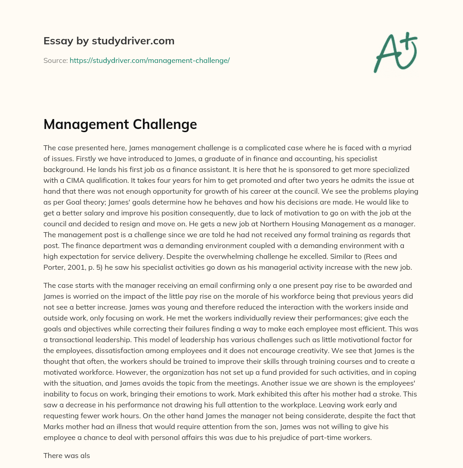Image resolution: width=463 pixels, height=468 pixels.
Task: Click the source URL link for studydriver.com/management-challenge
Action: click(x=149, y=60)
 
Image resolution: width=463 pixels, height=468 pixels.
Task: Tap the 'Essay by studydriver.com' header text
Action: click(x=109, y=41)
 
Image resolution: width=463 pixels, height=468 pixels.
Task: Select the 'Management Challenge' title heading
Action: click(x=120, y=124)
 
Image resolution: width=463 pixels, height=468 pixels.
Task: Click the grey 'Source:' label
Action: click(x=55, y=60)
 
